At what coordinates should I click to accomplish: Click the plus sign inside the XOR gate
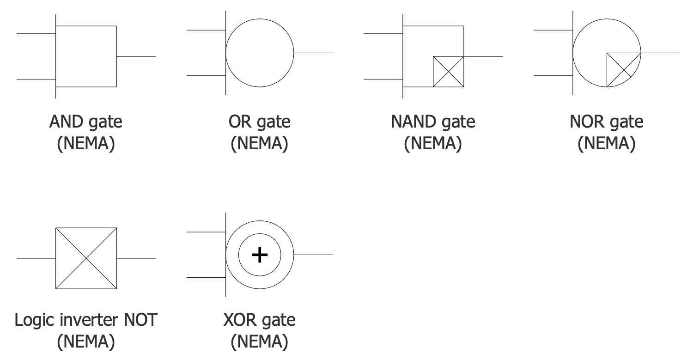[x=260, y=255]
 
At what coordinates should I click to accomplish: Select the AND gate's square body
[x=86, y=56]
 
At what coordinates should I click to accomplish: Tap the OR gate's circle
[x=260, y=53]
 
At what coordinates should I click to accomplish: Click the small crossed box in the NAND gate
[x=448, y=72]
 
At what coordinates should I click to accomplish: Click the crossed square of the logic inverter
[x=86, y=258]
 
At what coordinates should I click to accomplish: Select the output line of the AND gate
[x=136, y=56]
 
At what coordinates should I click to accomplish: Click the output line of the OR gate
[x=313, y=53]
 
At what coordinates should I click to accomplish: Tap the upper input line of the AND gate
[x=36, y=34]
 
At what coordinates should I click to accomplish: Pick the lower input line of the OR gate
[x=206, y=76]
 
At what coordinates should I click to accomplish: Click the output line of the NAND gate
[x=483, y=56]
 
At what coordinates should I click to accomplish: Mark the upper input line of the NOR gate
[x=553, y=30]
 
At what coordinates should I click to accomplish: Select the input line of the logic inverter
[x=36, y=258]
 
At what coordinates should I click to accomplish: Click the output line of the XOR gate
[x=313, y=255]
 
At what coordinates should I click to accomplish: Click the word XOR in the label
[x=240, y=320]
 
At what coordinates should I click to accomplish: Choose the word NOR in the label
[x=585, y=122]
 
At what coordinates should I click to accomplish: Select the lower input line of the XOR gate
[x=206, y=278]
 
